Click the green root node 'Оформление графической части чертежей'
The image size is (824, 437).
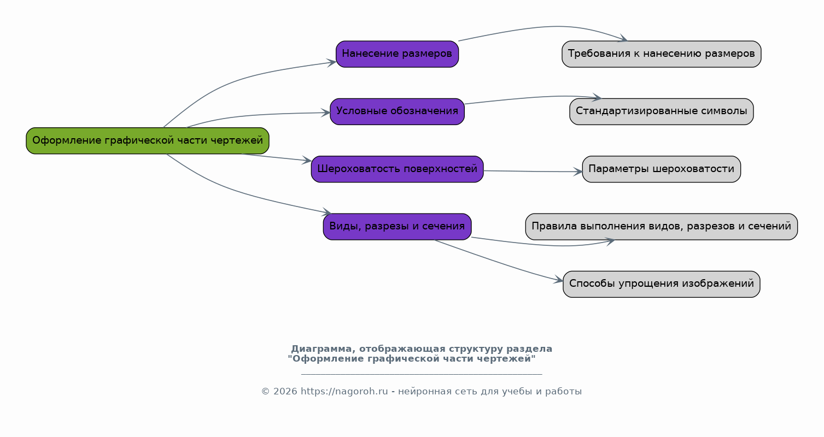[148, 141]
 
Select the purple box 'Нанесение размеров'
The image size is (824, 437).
[398, 54]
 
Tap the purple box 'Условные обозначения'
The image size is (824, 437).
[398, 112]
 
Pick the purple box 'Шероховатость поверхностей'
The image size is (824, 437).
[398, 169]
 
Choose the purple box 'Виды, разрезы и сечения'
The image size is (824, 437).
[398, 227]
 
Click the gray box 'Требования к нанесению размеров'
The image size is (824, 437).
[662, 54]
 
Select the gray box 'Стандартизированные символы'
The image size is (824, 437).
[662, 112]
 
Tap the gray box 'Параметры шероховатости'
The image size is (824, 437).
[662, 169]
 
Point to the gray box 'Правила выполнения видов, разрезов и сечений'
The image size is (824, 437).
[662, 227]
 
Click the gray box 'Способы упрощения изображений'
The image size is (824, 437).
[662, 285]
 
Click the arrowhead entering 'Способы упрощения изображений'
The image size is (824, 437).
[559, 280]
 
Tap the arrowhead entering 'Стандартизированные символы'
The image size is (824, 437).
[597, 97]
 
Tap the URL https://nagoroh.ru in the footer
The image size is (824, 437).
[344, 392]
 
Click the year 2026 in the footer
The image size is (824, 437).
[285, 392]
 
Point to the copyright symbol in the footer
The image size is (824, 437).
[266, 392]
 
